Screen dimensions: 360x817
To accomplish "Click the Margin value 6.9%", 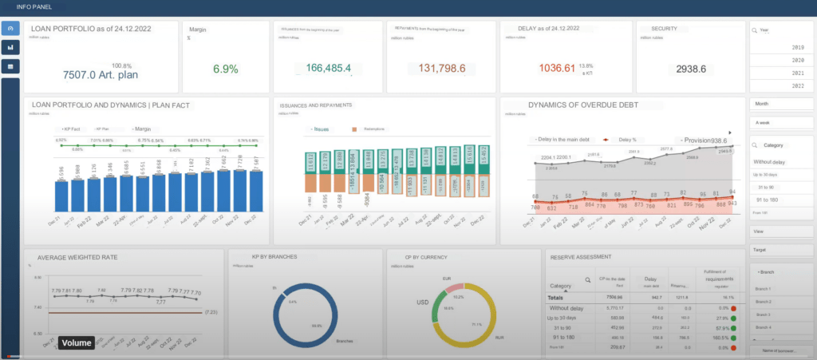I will (226, 69).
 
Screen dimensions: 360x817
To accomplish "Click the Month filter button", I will (780, 104).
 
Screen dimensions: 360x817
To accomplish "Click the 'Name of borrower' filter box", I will (780, 350).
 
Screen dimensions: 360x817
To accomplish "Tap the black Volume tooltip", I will (77, 343).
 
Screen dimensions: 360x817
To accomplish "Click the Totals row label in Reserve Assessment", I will (560, 296).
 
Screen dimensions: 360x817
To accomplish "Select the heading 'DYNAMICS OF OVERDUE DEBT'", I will (584, 105).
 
